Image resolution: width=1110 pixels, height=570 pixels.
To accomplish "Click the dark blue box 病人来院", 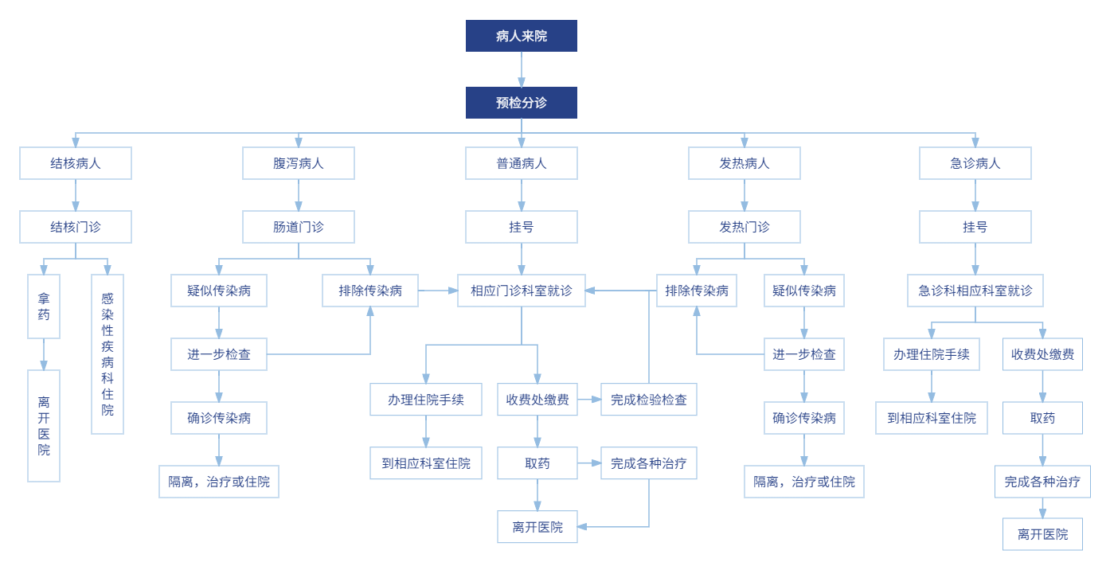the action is click(522, 36).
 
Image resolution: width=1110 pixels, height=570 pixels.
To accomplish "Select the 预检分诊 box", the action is click(522, 103).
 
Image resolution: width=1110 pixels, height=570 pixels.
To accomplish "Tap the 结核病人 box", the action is click(76, 163).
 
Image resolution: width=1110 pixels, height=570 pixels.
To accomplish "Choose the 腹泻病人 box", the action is click(299, 163).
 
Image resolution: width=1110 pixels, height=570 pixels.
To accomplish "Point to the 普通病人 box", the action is click(522, 163).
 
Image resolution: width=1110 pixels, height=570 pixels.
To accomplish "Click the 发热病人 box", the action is click(745, 163).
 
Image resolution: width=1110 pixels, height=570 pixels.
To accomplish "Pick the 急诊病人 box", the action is click(975, 163).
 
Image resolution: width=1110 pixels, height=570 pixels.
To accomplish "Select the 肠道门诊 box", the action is click(299, 227).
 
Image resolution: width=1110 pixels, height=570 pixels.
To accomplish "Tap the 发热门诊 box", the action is click(745, 227).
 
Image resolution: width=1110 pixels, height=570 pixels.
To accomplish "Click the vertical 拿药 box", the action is click(44, 306).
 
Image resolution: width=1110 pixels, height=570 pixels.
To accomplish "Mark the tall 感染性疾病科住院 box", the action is click(107, 354).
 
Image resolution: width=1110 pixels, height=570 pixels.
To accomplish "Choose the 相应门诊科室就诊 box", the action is click(522, 291).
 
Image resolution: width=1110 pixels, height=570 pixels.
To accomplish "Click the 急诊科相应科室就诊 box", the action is click(975, 291).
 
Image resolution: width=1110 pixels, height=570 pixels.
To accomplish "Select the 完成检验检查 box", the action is click(649, 399).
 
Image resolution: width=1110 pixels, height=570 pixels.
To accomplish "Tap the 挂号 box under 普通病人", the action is click(522, 227).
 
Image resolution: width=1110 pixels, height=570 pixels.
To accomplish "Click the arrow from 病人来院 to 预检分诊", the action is click(522, 69).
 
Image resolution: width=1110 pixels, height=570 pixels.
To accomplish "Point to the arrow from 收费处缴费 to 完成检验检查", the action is click(589, 399).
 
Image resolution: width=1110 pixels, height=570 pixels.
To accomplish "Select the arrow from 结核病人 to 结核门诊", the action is click(76, 195).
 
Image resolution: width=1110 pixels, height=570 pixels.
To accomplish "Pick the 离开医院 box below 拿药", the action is click(44, 426).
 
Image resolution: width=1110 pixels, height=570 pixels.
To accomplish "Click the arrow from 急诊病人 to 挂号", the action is click(975, 195).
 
